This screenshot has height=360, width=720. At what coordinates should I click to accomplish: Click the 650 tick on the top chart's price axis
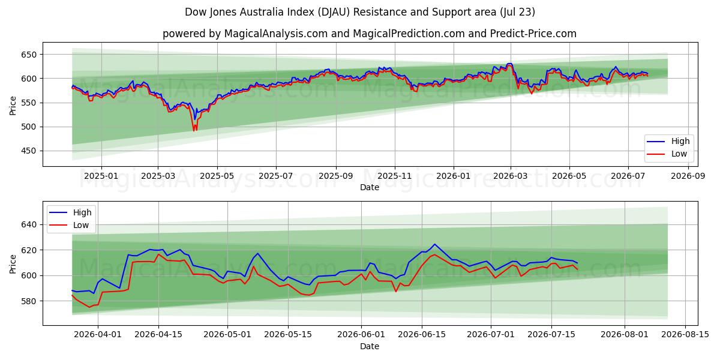29,55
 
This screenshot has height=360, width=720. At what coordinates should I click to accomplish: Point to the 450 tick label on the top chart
29,151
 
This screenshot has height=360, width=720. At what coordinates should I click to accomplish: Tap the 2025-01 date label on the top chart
101,176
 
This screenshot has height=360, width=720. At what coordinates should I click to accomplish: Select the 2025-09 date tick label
336,176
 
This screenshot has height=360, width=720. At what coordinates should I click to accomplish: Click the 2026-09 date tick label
688,176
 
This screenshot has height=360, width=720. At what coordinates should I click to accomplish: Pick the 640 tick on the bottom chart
29,224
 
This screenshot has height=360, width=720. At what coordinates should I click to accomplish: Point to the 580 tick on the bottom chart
29,301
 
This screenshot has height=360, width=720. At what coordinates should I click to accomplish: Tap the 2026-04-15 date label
158,335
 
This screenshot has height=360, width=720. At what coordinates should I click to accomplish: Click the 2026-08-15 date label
685,335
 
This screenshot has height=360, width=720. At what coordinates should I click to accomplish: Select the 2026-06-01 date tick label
361,335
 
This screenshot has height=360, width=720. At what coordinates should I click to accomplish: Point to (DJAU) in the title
334,12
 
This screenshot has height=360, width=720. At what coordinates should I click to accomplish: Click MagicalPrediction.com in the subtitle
409,34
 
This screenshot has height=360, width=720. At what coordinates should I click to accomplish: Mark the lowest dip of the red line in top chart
194,131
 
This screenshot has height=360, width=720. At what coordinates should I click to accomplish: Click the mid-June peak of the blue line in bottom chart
434,244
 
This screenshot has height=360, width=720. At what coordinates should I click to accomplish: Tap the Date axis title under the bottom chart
370,346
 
